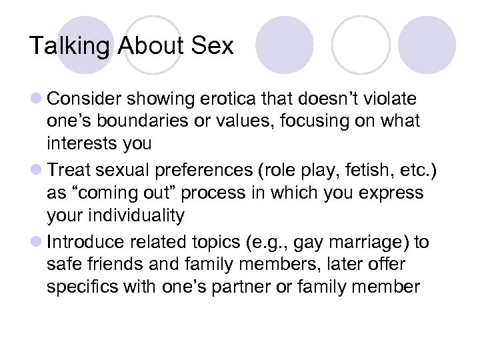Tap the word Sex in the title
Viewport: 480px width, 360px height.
pyautogui.click(x=211, y=46)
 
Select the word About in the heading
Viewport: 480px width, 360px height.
pyautogui.click(x=147, y=46)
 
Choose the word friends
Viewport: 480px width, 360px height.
pyautogui.click(x=119, y=263)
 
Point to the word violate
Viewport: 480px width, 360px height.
pyautogui.click(x=392, y=99)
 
